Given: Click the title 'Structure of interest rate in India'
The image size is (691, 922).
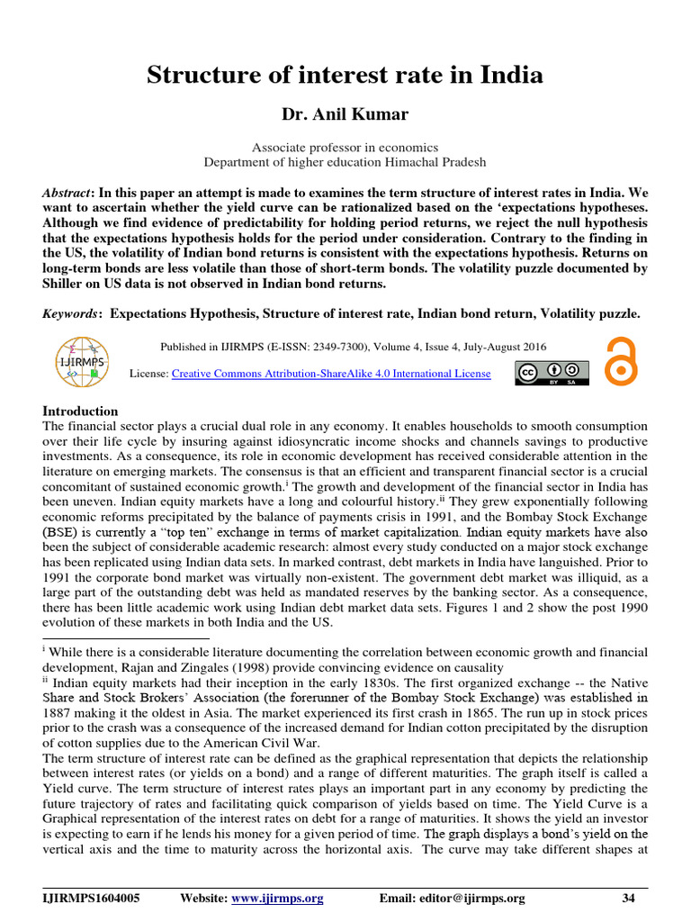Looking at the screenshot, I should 345,75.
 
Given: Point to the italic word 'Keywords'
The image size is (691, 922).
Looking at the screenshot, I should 71,313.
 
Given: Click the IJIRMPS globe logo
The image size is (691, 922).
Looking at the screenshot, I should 82,362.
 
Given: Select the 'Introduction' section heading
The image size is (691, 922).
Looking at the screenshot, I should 80,411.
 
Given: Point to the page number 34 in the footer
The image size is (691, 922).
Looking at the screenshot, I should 628,898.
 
